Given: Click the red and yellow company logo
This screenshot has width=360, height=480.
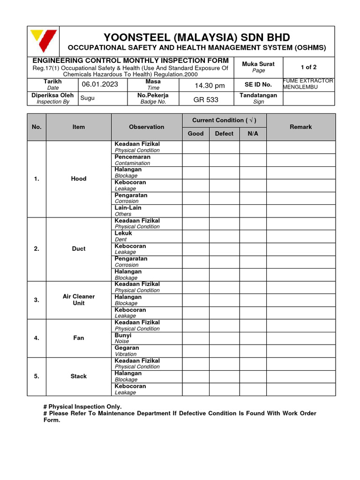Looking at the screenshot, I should [43, 41].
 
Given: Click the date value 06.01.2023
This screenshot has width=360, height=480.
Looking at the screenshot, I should [100, 84].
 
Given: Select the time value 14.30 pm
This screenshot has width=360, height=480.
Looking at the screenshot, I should [210, 85].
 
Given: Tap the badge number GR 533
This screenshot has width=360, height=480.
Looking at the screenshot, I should [206, 100].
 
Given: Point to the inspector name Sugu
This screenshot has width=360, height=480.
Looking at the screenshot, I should [88, 97].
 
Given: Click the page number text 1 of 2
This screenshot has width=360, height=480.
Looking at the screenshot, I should [308, 67].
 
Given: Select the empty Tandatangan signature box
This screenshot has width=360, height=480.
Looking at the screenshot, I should [308, 98].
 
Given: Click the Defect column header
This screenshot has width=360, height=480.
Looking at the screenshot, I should [224, 134].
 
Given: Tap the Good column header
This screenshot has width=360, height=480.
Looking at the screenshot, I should [195, 134].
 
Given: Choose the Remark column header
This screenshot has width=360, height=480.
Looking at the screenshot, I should [300, 127].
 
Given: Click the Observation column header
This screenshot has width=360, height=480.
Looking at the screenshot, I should [146, 127].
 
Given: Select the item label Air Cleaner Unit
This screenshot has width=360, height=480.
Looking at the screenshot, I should [78, 300].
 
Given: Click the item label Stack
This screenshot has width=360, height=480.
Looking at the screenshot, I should [78, 376].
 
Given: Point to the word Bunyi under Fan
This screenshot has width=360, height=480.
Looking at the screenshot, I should [123, 335].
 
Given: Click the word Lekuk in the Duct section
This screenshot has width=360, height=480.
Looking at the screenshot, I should [123, 233].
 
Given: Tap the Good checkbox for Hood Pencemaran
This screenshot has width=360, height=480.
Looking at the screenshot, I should [195, 160].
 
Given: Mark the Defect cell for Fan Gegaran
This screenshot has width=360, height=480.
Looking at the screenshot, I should [224, 351].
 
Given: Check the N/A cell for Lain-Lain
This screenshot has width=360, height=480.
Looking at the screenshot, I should [253, 211].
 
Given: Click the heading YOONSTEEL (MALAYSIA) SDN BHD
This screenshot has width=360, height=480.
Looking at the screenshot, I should [196, 37].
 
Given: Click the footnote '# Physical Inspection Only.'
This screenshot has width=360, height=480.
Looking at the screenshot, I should [82, 406].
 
